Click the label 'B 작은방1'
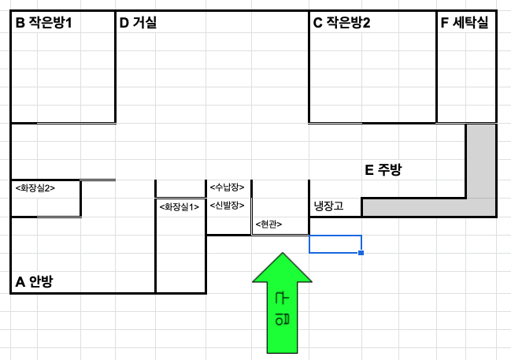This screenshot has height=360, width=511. [x=44, y=23]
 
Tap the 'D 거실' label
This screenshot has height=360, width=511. [x=138, y=23]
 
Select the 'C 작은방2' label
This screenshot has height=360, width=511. [x=342, y=23]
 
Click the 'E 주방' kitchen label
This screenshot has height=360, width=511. [x=383, y=169]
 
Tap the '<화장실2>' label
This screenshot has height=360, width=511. [x=35, y=187]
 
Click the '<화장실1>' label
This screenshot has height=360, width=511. [x=179, y=207]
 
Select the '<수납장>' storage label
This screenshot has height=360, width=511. [x=227, y=187]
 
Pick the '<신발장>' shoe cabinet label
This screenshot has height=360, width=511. [x=227, y=206]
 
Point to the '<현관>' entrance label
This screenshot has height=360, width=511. [x=269, y=225]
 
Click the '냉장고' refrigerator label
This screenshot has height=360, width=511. [x=329, y=206]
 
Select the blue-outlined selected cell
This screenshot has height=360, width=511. [x=335, y=243]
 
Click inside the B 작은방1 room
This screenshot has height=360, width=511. [x=63, y=79]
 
